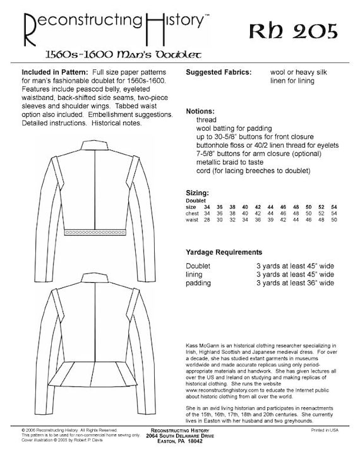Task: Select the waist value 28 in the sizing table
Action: coord(207,220)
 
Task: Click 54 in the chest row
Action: coord(334,213)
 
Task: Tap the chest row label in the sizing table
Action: coord(193,213)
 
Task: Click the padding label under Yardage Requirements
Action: coord(199,284)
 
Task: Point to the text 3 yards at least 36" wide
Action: coord(295,284)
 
